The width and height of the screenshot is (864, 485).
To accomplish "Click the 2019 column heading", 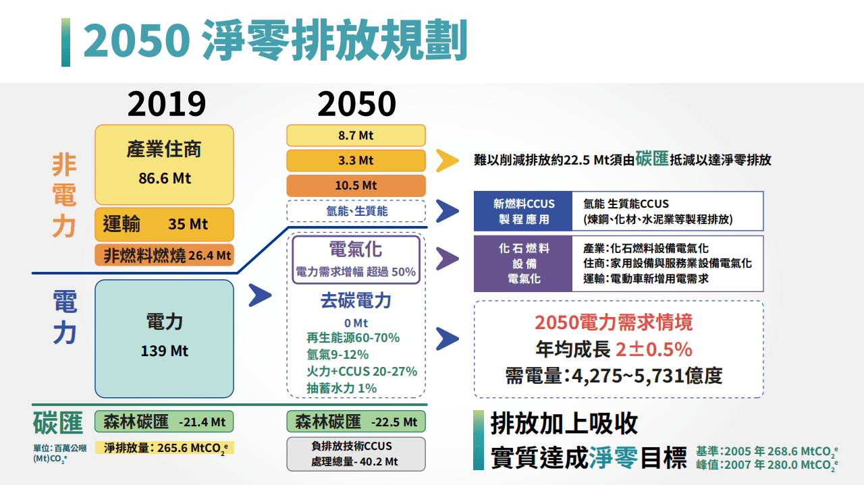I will [166, 104].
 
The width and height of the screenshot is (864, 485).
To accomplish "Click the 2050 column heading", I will [356, 104].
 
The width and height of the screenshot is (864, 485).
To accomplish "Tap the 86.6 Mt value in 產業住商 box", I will [164, 179].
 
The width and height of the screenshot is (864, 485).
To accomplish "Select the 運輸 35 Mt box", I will [164, 224].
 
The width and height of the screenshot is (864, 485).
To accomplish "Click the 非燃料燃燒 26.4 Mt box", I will [164, 256].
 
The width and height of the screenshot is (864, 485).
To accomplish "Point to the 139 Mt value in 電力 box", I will [164, 351].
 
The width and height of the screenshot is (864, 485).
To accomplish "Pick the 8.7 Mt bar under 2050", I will [356, 136].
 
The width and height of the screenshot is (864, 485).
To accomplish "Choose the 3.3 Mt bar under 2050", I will [356, 161].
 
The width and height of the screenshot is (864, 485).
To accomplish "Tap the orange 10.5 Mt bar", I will [356, 186].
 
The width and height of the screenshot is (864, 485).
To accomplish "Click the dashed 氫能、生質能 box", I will [356, 211].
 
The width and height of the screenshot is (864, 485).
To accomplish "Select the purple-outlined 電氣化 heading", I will [356, 250].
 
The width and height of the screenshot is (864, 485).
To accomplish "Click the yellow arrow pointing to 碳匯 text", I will [447, 160].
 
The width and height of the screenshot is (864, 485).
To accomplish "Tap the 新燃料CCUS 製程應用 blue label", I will [523, 211].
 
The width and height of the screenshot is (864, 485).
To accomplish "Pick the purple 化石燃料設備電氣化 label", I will [523, 263].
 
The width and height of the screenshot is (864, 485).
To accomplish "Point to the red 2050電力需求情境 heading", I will [613, 322].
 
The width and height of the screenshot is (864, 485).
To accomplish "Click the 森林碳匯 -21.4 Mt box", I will [164, 422].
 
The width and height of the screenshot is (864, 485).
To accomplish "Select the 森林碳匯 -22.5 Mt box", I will [356, 422].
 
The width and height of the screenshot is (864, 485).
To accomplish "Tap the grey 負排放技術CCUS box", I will [356, 454].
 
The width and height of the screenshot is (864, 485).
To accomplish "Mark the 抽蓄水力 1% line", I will [342, 388].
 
